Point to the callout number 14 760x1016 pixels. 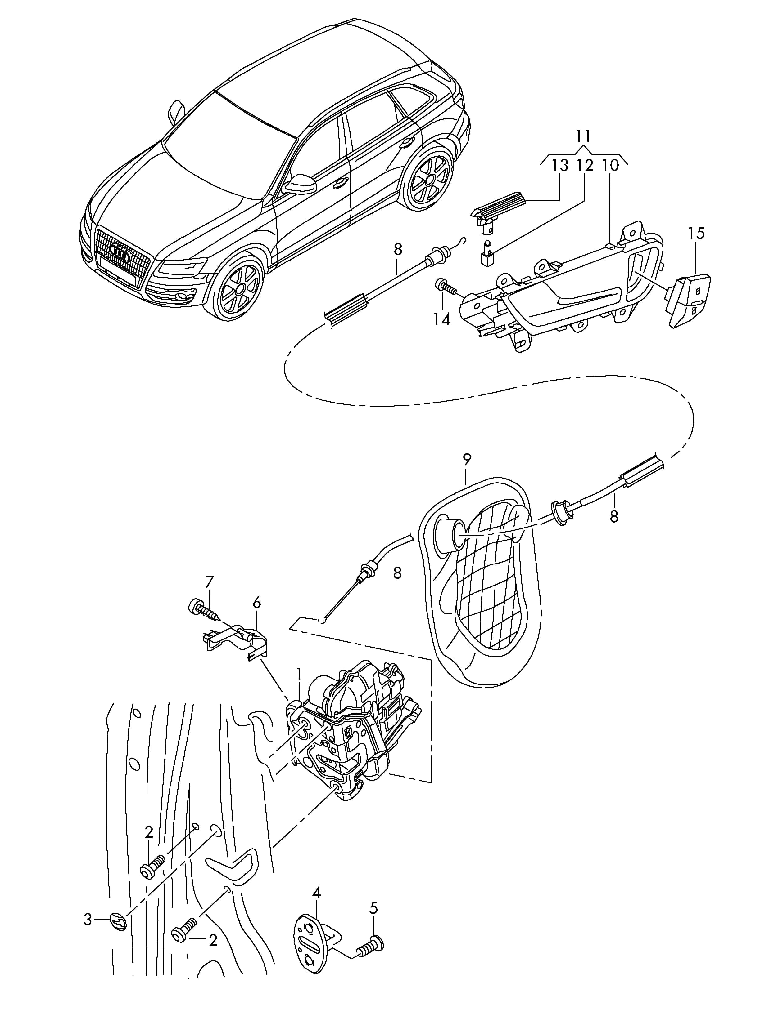441,319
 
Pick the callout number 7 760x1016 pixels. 209,582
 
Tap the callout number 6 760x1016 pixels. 256,603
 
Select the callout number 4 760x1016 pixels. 316,893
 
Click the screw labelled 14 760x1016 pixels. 446,287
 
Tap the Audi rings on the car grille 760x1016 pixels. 121,252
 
